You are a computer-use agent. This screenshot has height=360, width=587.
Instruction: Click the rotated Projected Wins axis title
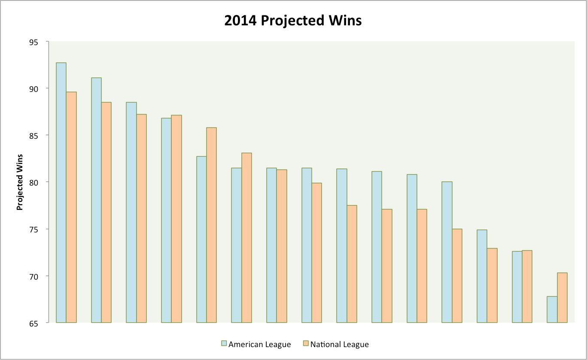20,182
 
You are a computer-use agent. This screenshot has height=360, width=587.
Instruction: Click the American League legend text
259,344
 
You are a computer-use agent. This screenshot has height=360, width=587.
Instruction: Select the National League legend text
339,344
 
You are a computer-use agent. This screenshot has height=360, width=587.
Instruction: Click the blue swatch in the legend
224,344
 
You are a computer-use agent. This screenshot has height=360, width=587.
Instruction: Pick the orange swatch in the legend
305,344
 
